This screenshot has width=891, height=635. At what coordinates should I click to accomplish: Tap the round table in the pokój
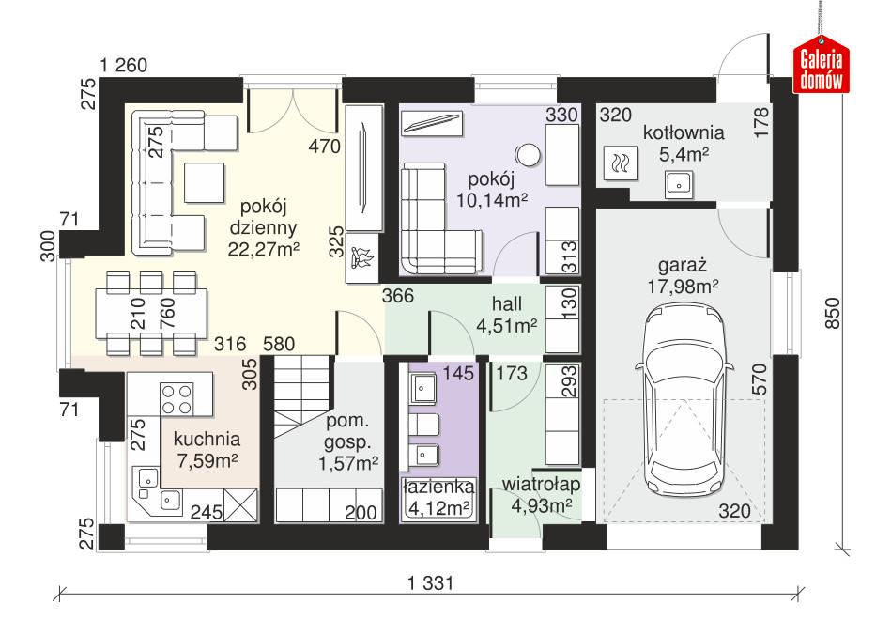tap(528, 153)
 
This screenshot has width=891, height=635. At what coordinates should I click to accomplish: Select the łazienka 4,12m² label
tap(436, 498)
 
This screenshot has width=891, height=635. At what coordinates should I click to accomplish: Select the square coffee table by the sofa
tap(205, 181)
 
